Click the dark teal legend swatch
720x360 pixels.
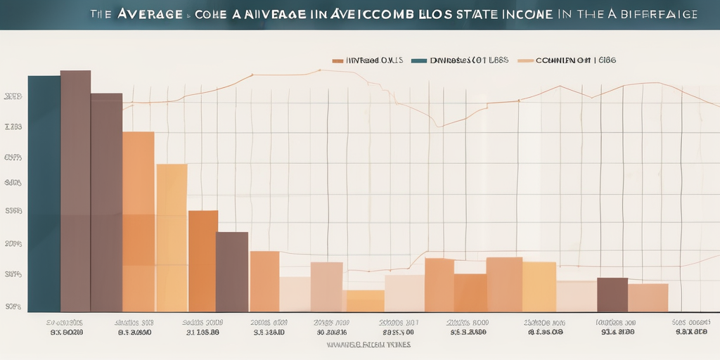[x=418, y=61]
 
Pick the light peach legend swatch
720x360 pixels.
[x=525, y=61]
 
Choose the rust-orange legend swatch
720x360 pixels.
[x=337, y=61]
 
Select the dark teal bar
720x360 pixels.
[x=44, y=193]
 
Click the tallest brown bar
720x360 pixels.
[x=75, y=190]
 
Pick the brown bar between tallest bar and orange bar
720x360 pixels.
[x=106, y=202]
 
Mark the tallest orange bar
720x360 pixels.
[x=139, y=221]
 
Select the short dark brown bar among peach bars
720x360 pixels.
[x=612, y=295]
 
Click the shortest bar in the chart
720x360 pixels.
[x=365, y=301]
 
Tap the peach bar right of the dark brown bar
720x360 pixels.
[x=648, y=297]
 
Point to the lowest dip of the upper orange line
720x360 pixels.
[x=439, y=127]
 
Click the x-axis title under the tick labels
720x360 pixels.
[x=368, y=345]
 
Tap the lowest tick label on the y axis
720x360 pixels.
[x=13, y=307]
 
